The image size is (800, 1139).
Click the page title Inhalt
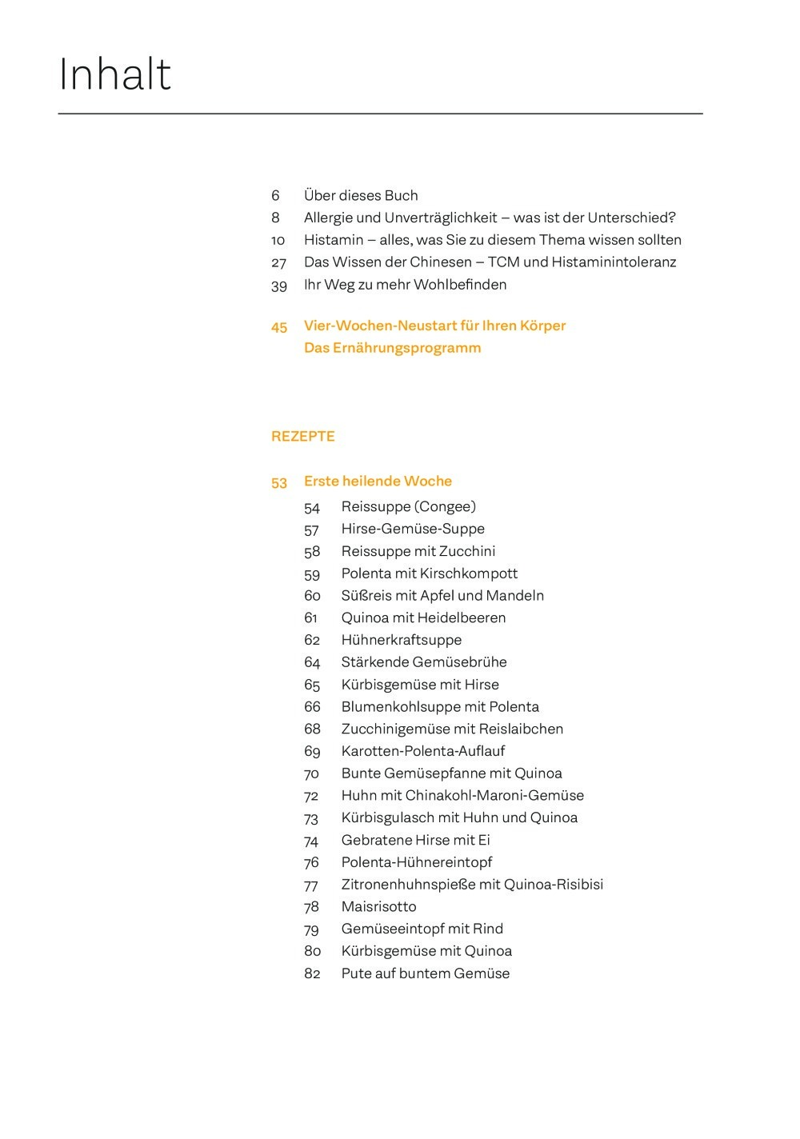click(x=115, y=75)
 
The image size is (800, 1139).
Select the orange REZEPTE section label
click(x=302, y=437)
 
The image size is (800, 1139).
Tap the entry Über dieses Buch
click(x=361, y=196)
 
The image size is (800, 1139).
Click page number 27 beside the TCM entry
click(x=278, y=262)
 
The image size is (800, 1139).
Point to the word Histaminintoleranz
click(x=614, y=262)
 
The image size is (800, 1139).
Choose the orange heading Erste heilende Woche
click(x=378, y=482)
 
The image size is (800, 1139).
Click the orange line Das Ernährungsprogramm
click(x=392, y=348)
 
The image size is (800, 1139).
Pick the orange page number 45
click(x=278, y=326)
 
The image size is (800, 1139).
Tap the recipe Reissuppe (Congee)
click(x=408, y=506)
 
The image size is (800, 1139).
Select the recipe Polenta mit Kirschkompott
click(x=429, y=573)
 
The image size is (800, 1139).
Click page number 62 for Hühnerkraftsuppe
click(x=312, y=640)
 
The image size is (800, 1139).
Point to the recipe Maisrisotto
click(x=378, y=907)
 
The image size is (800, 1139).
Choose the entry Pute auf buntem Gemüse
click(x=425, y=973)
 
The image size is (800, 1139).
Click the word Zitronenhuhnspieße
click(x=408, y=885)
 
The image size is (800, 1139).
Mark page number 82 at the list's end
click(x=312, y=973)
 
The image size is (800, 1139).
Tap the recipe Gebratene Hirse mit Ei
click(x=415, y=840)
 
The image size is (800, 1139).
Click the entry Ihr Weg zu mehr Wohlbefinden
click(x=405, y=285)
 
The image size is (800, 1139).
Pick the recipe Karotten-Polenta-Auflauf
click(x=422, y=751)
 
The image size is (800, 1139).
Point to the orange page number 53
click(x=278, y=482)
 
